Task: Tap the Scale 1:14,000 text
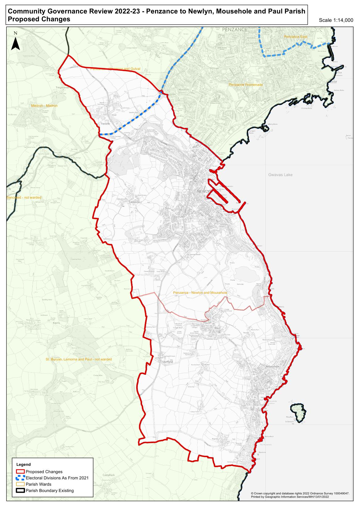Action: coord(336,20)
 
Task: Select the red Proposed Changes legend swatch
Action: coord(20,471)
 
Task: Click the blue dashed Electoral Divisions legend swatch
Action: coord(20,478)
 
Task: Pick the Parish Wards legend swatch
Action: coord(20,484)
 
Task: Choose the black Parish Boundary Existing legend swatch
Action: coord(20,491)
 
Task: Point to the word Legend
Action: coord(23,464)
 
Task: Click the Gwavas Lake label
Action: coord(280,175)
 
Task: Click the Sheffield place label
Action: coord(168,362)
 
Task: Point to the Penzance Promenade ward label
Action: coord(245,84)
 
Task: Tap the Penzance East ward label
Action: coord(296,37)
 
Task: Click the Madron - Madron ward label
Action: coord(44,106)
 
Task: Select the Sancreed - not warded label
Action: coord(24,197)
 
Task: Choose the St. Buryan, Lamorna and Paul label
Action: coord(79,359)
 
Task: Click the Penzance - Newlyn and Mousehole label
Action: coord(200,292)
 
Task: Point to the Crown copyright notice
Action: coord(300,493)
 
